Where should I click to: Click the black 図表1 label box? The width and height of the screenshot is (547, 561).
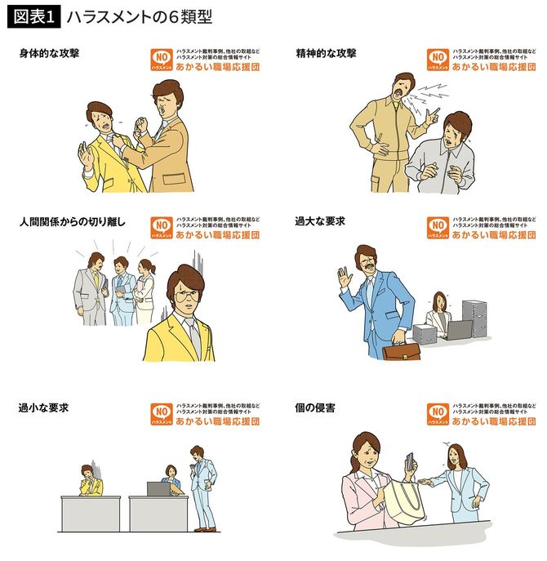(33, 16)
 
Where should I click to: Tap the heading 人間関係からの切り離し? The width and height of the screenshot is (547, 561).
(72, 221)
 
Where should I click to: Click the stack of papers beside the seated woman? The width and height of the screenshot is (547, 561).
(474, 319)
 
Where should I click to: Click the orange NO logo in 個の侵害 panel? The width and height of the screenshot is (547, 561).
(438, 414)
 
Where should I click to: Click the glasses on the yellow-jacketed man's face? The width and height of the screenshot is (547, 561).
(184, 296)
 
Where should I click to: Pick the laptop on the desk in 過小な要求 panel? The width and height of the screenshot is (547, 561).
(158, 489)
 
